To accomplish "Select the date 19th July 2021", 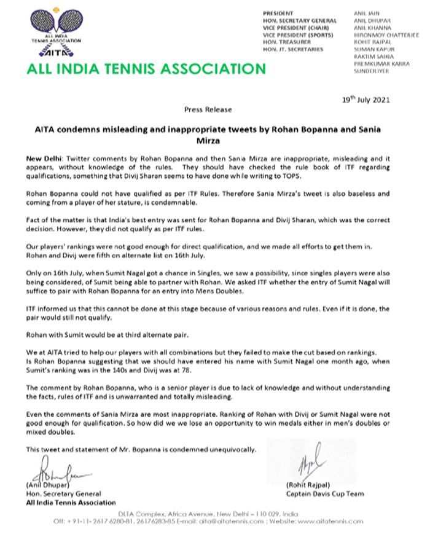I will pyautogui.click(x=365, y=100).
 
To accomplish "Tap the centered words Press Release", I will pyautogui.click(x=208, y=109).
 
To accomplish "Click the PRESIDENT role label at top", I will pyautogui.click(x=278, y=13).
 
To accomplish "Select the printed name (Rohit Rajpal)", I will pyautogui.click(x=305, y=485).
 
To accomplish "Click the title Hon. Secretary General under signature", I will pyautogui.click(x=63, y=493).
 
